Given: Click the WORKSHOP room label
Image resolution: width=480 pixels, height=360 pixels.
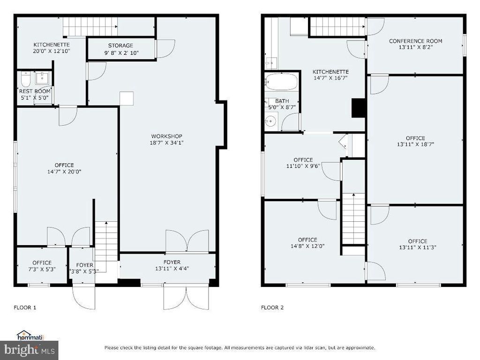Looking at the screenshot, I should pos(166,136).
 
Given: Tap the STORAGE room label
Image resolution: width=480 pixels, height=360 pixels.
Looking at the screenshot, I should pos(120,45).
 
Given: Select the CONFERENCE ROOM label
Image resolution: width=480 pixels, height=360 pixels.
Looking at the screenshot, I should pos(415,41).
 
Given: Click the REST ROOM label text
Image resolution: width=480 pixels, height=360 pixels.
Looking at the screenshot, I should pos(35,91).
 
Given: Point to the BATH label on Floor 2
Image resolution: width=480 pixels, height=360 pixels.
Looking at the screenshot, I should pos(282,101).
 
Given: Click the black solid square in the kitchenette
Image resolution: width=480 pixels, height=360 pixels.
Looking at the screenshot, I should pos(358,108).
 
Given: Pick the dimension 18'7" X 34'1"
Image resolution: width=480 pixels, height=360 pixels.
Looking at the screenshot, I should pos(166,143).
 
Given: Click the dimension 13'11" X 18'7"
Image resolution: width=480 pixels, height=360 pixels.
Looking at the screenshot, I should pos(415,145).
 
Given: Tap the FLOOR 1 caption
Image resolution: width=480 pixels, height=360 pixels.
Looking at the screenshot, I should pos(25,308).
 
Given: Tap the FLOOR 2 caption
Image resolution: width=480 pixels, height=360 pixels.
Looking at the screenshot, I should pos(272,308).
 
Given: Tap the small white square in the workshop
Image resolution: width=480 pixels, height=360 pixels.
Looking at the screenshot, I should pos(127,97).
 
